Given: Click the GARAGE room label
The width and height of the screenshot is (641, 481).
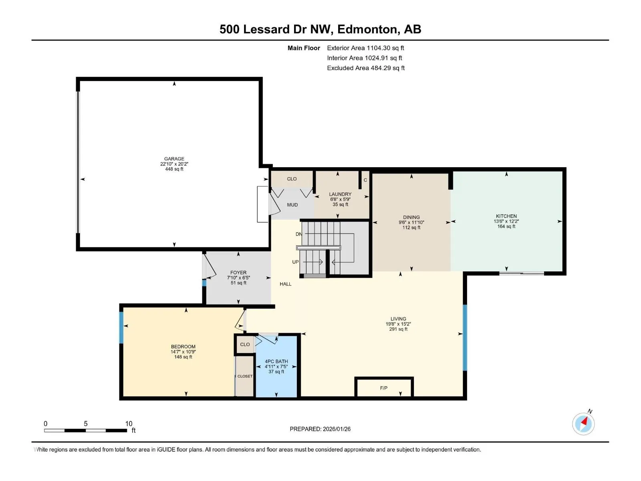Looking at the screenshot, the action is click(x=174, y=159).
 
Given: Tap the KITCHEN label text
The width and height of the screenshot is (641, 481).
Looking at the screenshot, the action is click(x=506, y=216).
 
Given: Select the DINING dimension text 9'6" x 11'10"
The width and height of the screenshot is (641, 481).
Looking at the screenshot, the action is click(x=411, y=222).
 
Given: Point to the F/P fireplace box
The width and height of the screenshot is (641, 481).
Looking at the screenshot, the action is click(x=384, y=387).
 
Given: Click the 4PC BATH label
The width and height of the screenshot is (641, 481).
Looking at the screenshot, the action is click(x=276, y=361).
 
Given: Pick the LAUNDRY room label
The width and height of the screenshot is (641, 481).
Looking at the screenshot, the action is click(x=340, y=194).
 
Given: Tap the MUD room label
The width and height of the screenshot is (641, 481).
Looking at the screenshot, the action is click(x=292, y=205).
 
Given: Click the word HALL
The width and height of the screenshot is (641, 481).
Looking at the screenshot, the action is click(x=285, y=284).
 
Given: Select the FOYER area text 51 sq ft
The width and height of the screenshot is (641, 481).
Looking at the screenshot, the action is click(x=238, y=283).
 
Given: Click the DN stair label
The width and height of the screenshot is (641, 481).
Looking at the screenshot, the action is click(x=299, y=234).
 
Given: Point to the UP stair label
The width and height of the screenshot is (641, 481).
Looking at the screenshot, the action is click(x=296, y=262).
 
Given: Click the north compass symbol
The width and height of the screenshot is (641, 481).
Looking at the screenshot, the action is click(x=583, y=423).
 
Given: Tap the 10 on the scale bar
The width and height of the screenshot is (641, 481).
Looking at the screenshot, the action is click(x=129, y=423).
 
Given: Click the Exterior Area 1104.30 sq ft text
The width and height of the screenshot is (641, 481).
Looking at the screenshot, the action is click(x=365, y=48).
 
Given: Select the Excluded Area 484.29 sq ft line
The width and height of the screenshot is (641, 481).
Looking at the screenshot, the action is click(x=366, y=68).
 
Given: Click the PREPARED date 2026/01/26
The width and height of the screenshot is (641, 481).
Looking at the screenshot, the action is click(x=337, y=429).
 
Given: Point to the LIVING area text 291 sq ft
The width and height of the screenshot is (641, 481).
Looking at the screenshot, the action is click(x=398, y=329).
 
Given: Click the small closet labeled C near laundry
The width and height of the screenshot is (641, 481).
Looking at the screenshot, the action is click(x=365, y=180).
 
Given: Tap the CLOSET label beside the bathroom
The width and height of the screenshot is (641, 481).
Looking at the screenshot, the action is click(x=245, y=376).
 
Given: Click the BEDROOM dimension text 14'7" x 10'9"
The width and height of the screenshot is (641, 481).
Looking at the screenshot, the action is click(x=183, y=352).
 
